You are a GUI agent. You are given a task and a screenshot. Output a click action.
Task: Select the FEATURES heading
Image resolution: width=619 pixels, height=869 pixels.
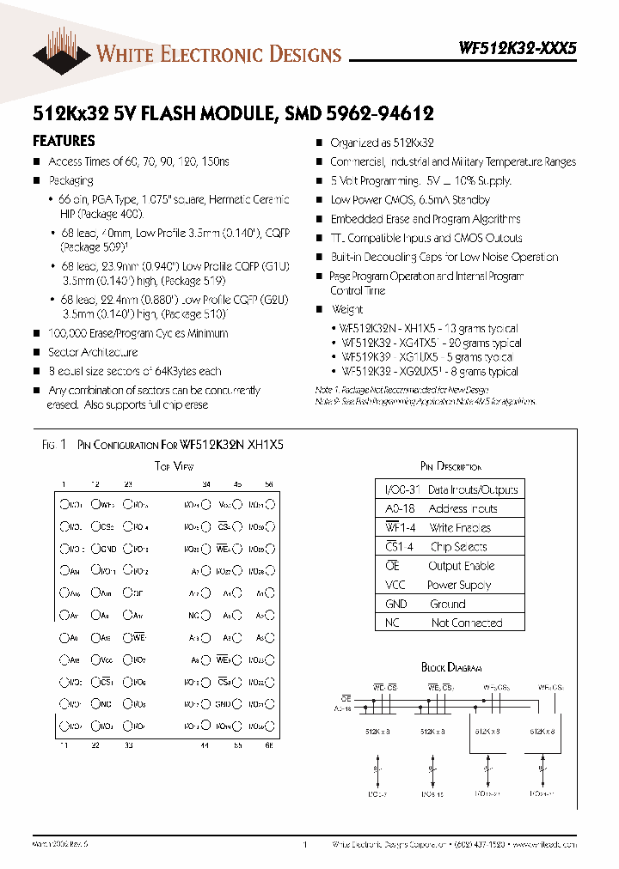click(x=64, y=140)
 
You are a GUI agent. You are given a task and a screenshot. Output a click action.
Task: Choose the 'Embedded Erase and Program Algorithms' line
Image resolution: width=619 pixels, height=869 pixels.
click(x=426, y=219)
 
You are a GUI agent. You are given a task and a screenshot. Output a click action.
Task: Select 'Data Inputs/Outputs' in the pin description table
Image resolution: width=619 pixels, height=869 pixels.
click(x=473, y=489)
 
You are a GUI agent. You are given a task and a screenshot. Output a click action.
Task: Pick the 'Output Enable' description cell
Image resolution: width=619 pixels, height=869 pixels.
click(x=461, y=566)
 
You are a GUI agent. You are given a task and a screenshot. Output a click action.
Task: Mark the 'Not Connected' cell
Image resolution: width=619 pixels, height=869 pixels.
click(x=466, y=623)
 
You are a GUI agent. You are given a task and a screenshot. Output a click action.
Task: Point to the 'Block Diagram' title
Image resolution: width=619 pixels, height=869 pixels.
click(x=451, y=667)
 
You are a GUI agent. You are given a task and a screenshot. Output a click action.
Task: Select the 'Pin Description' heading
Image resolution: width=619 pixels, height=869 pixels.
click(x=450, y=466)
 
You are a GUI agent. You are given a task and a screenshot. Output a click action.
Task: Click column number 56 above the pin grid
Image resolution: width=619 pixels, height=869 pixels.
click(x=268, y=484)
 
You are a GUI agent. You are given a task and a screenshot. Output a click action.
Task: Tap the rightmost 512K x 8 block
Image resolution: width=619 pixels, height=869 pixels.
click(x=542, y=731)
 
